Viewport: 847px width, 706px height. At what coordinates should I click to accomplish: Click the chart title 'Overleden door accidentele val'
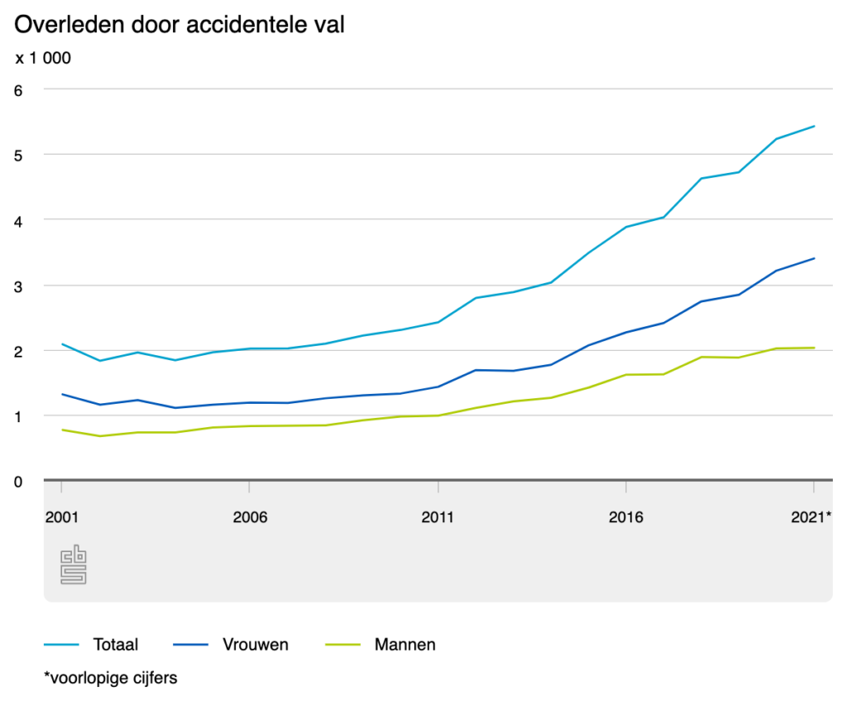179,25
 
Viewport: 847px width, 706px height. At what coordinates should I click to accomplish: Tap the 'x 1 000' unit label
43,59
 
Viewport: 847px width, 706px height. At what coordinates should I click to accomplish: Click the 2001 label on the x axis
61,517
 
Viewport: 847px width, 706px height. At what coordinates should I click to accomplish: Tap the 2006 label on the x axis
249,517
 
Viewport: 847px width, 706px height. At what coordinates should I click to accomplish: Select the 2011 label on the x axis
438,517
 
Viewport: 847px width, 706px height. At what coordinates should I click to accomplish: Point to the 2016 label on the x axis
626,517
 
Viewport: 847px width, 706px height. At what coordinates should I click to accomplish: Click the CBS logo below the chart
74,565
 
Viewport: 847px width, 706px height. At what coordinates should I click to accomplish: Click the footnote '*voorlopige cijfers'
111,678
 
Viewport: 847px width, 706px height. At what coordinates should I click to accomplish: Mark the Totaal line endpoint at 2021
815,127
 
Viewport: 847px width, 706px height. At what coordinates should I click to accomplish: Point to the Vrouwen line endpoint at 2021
815,258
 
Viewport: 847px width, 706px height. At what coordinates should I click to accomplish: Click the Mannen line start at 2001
61,430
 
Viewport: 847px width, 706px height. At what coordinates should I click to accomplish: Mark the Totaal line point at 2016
626,227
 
